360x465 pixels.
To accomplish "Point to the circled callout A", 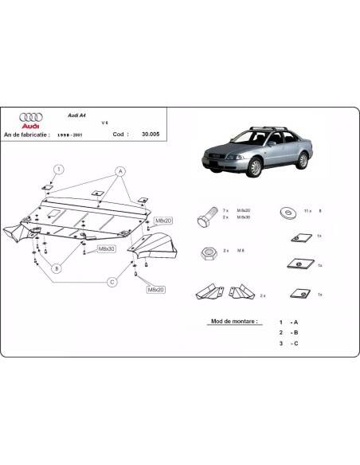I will (x=119, y=170).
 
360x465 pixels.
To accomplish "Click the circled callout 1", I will (x=58, y=169).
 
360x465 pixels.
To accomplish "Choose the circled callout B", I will (x=57, y=268).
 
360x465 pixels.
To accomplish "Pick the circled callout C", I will (x=112, y=281).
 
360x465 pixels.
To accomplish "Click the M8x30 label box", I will (x=106, y=248).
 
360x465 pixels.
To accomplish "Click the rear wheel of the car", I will (x=302, y=160).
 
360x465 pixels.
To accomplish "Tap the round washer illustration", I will (x=285, y=212).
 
